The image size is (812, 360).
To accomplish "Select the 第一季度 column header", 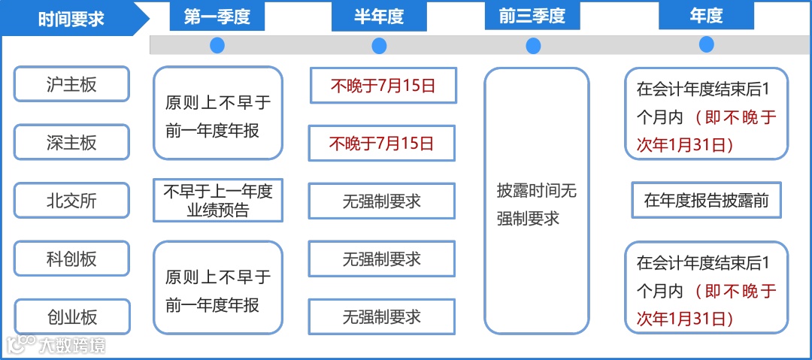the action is pos(217,17).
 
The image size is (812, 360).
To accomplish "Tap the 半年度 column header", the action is pos(379,17).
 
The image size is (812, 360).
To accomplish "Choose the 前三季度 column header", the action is pos(532,17).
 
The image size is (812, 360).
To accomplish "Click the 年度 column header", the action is pos(706,17).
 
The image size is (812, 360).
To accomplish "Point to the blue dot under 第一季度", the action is pos(217,46).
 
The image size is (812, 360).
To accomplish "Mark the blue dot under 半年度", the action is pos(379,46).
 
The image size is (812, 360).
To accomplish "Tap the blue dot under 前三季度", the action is pos(533,46).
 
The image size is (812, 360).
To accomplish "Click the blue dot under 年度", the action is pos(706,44).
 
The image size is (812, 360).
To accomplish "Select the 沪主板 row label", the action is pos(72,84).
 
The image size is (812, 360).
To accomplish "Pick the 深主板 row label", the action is pos(72,142).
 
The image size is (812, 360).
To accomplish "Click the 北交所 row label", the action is pos(72,201).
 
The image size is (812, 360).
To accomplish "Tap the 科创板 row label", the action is pos(72,259).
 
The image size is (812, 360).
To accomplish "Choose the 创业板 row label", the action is pos(72,317).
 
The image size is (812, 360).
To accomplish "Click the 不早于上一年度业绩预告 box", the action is pos(218,201).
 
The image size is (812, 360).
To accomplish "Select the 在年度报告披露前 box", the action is pos(706,201).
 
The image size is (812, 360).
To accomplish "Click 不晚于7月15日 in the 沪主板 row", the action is pos(383,86).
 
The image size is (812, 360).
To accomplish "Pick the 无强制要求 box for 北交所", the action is pos(382,201).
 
